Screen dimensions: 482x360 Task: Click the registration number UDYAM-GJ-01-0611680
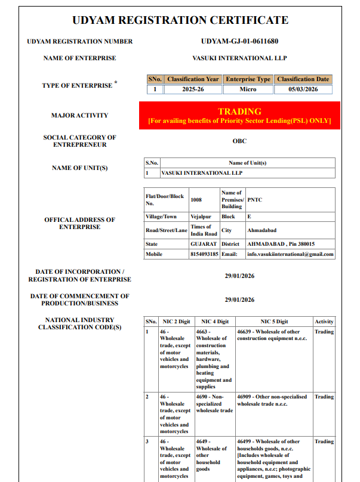point(240,41)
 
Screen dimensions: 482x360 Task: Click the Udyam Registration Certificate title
point(180,20)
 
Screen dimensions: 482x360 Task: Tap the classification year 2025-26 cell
point(193,89)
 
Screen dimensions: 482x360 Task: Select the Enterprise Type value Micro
point(248,89)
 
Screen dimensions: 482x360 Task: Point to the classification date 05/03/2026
point(303,89)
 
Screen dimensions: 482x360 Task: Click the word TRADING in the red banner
point(239,112)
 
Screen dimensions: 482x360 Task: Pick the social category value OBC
point(239,141)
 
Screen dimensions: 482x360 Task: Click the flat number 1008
point(196,200)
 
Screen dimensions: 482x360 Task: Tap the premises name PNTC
point(255,200)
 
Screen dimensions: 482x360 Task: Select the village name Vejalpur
point(201,217)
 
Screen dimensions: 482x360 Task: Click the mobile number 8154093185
point(204,254)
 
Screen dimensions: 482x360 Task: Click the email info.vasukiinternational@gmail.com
point(290,254)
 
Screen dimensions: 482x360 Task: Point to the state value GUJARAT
point(204,244)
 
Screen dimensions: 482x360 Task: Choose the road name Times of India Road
point(201,230)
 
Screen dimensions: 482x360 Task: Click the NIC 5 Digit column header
point(274,322)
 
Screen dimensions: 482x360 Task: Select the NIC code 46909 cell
point(272,400)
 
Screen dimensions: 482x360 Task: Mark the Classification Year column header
point(193,79)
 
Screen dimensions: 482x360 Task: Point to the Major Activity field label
point(79,115)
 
